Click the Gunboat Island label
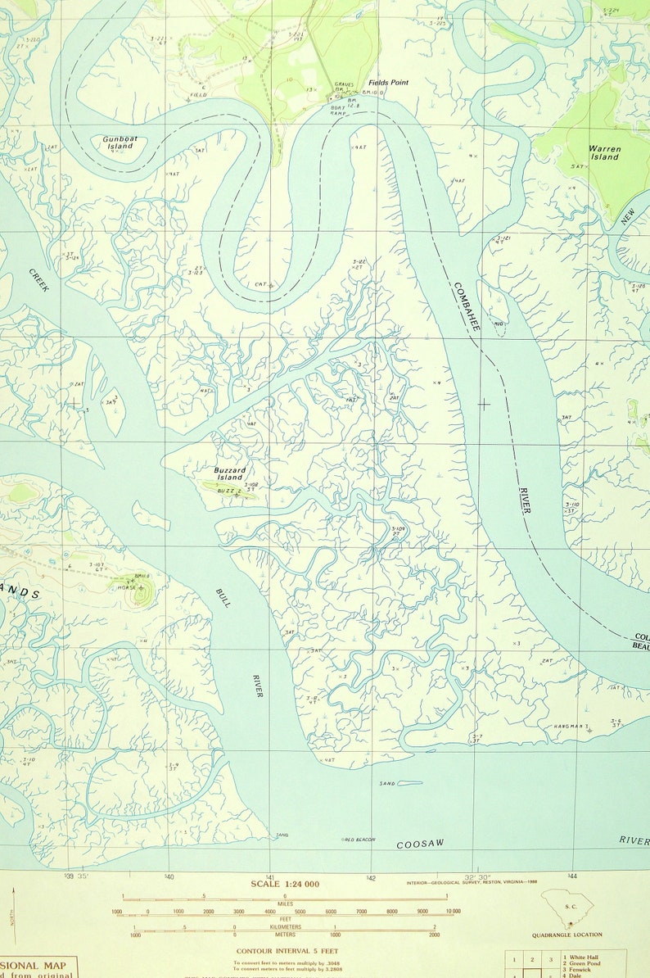(119, 143)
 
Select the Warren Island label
(604, 152)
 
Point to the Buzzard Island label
(229, 473)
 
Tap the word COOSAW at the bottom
(420, 844)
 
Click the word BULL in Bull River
(223, 597)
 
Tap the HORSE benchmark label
(126, 587)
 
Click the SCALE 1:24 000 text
(285, 884)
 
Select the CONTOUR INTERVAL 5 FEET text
(284, 951)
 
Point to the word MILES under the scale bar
(286, 904)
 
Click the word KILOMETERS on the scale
(285, 927)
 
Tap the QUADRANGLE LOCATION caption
(566, 935)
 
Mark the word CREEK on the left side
(38, 281)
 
